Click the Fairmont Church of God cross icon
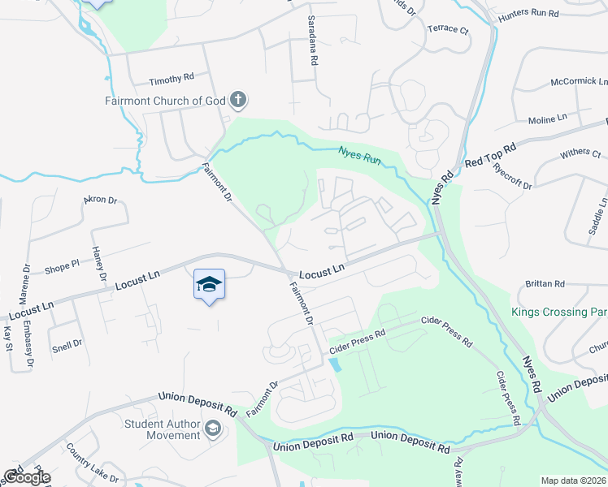tap(238, 101)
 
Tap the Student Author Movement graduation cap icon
tap(212, 428)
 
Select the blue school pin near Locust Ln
tap(209, 284)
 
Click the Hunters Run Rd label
tap(528, 15)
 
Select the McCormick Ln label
tap(579, 82)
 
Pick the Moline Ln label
tap(547, 119)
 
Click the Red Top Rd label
tap(490, 157)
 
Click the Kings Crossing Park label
tap(559, 312)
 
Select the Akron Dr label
tap(101, 199)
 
